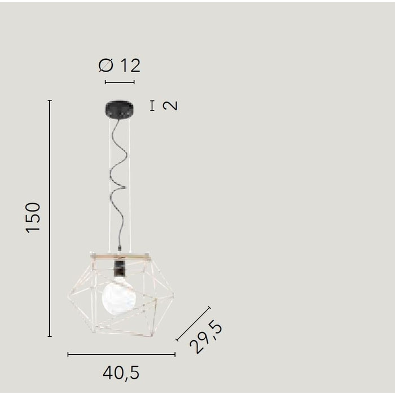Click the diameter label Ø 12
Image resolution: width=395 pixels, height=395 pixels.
119,65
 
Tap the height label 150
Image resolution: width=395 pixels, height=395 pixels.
33,218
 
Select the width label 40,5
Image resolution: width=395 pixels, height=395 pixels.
121,373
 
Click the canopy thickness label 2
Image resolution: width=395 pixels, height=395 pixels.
170,106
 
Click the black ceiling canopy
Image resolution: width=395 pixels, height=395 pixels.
120,108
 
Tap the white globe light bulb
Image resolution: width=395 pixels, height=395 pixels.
118,297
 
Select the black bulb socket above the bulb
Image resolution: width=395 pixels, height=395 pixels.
119,267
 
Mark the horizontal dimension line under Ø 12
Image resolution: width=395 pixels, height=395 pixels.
120,82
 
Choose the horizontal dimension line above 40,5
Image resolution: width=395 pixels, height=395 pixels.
121,354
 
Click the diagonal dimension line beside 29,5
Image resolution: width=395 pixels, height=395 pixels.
193,324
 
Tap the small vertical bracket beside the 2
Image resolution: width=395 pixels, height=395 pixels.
152,106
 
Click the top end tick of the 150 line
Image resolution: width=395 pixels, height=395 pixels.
50,100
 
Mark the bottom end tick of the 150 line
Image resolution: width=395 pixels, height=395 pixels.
50,336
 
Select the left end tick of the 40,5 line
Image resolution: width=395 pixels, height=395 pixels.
68,354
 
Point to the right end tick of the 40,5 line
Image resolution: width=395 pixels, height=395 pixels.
175,354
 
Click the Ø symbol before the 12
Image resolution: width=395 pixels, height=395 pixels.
106,65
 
